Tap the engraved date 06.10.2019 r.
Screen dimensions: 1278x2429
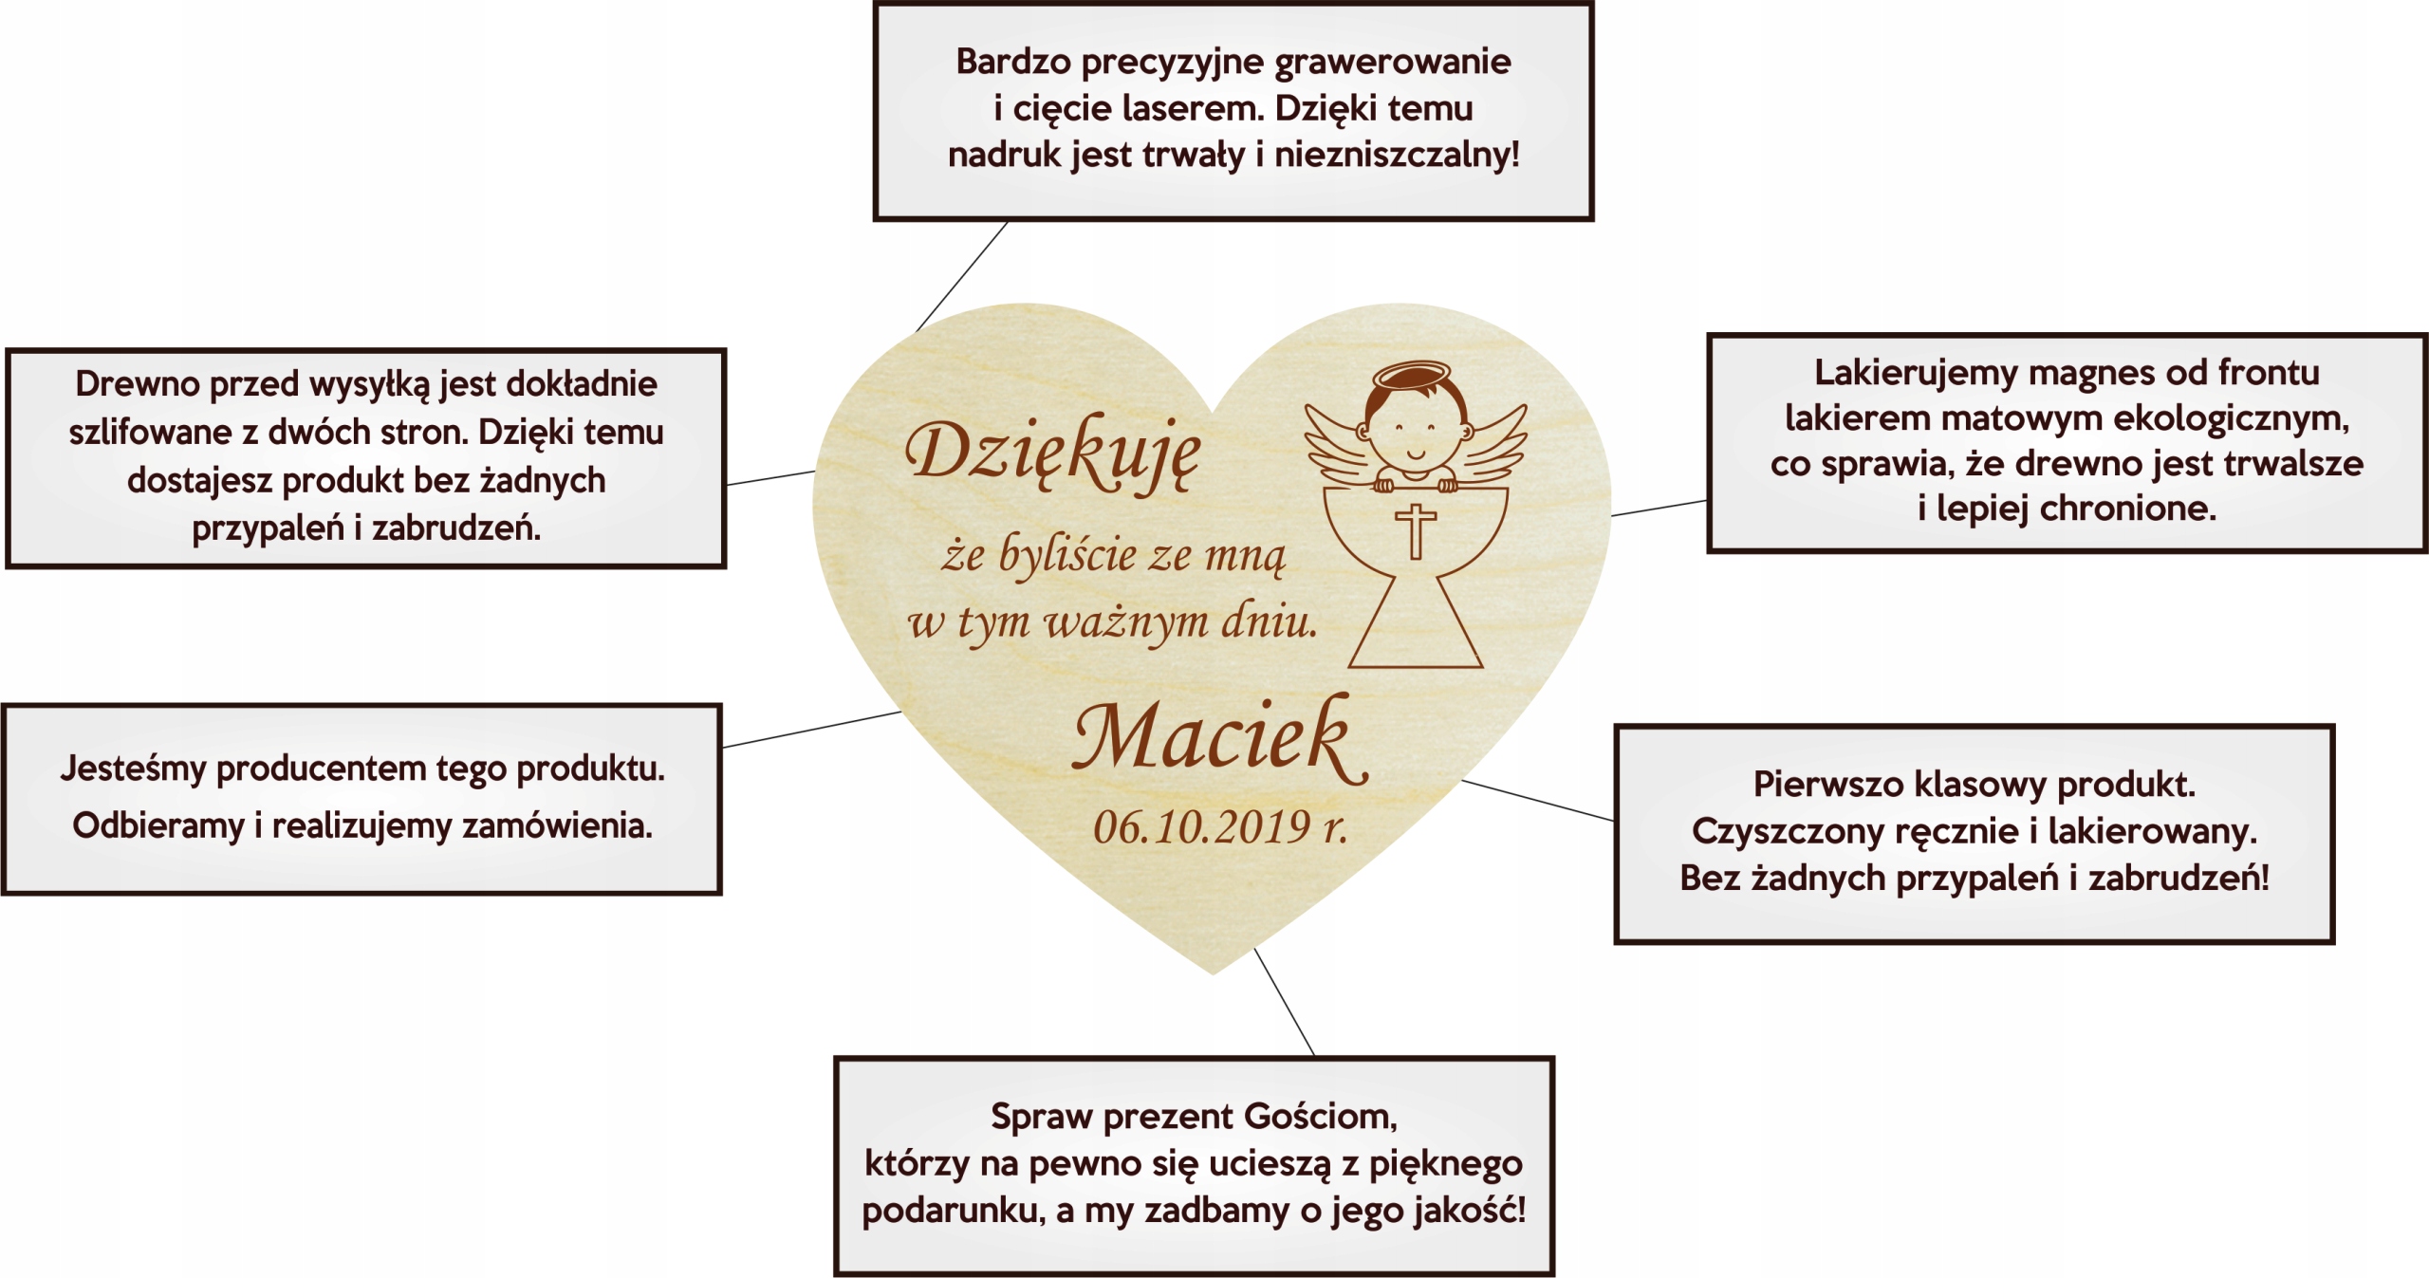(1219, 827)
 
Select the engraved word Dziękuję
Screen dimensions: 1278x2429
(1053, 454)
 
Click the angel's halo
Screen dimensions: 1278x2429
(1413, 377)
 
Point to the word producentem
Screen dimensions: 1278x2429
(322, 769)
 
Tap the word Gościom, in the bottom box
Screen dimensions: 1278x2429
(1320, 1117)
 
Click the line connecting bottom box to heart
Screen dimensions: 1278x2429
(1285, 1002)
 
